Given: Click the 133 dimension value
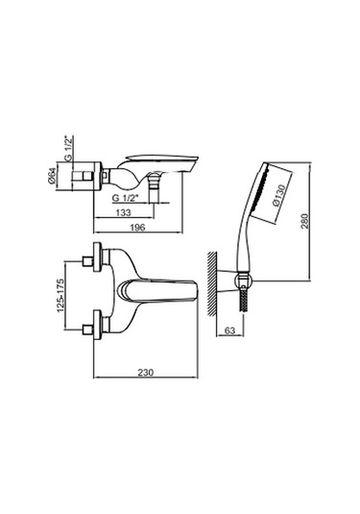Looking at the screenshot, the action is pos(124,212).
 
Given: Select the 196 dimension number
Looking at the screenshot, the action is pos(137,227).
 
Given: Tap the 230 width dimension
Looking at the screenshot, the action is pos(146,373).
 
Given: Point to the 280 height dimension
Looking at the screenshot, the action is pos(304,221).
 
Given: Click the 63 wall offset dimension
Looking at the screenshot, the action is pos(230,330).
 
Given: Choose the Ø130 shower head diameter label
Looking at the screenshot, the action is pos(278,195).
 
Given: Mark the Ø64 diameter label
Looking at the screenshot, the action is pos(52,176).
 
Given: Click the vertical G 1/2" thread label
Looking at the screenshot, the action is pos(69,148).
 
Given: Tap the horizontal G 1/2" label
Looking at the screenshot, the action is pos(126,198).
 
